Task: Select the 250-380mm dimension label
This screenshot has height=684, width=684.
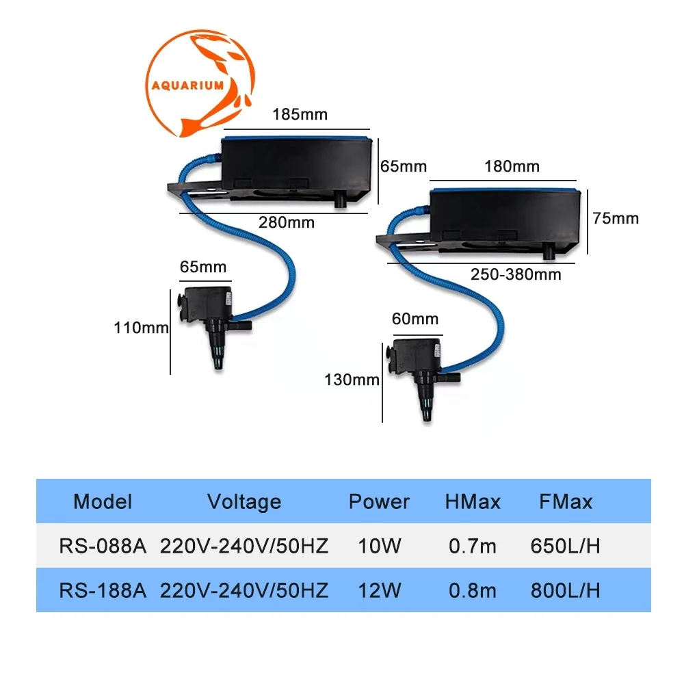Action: tap(515, 274)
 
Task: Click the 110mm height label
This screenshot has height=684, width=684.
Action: tap(141, 328)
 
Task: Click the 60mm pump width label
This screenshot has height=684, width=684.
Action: tap(415, 319)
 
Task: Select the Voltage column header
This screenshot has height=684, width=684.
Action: tap(244, 502)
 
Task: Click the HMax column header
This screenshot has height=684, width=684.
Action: tap(473, 502)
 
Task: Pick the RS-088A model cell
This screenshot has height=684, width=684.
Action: tap(103, 547)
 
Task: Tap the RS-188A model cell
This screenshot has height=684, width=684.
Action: tap(103, 590)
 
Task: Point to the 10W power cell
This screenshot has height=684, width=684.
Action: tap(378, 547)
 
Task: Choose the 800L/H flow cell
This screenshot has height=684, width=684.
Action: tap(565, 590)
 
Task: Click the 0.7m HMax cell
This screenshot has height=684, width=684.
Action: tap(473, 547)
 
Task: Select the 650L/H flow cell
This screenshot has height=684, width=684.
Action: tap(565, 547)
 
